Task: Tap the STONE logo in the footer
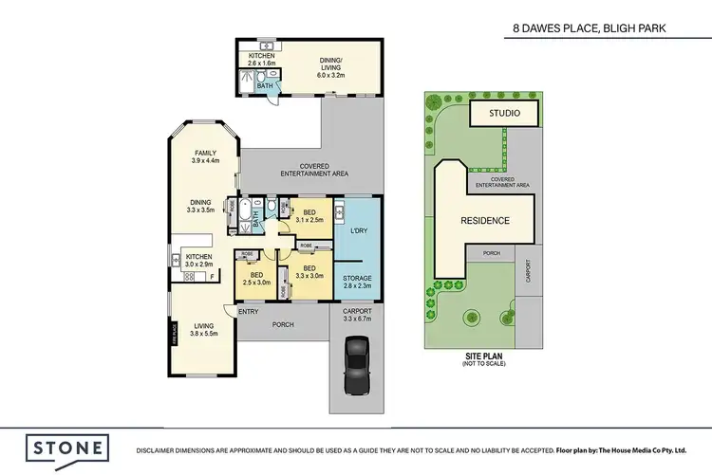pyautogui.click(x=67, y=448)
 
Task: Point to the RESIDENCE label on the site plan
pyautogui.click(x=485, y=221)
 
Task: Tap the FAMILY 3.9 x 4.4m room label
pyautogui.click(x=205, y=157)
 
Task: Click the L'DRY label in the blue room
pyautogui.click(x=359, y=232)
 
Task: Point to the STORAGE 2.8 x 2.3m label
pyautogui.click(x=358, y=282)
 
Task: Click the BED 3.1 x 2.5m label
pyautogui.click(x=309, y=216)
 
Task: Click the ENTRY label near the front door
pyautogui.click(x=249, y=312)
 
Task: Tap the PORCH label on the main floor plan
pyautogui.click(x=282, y=324)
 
